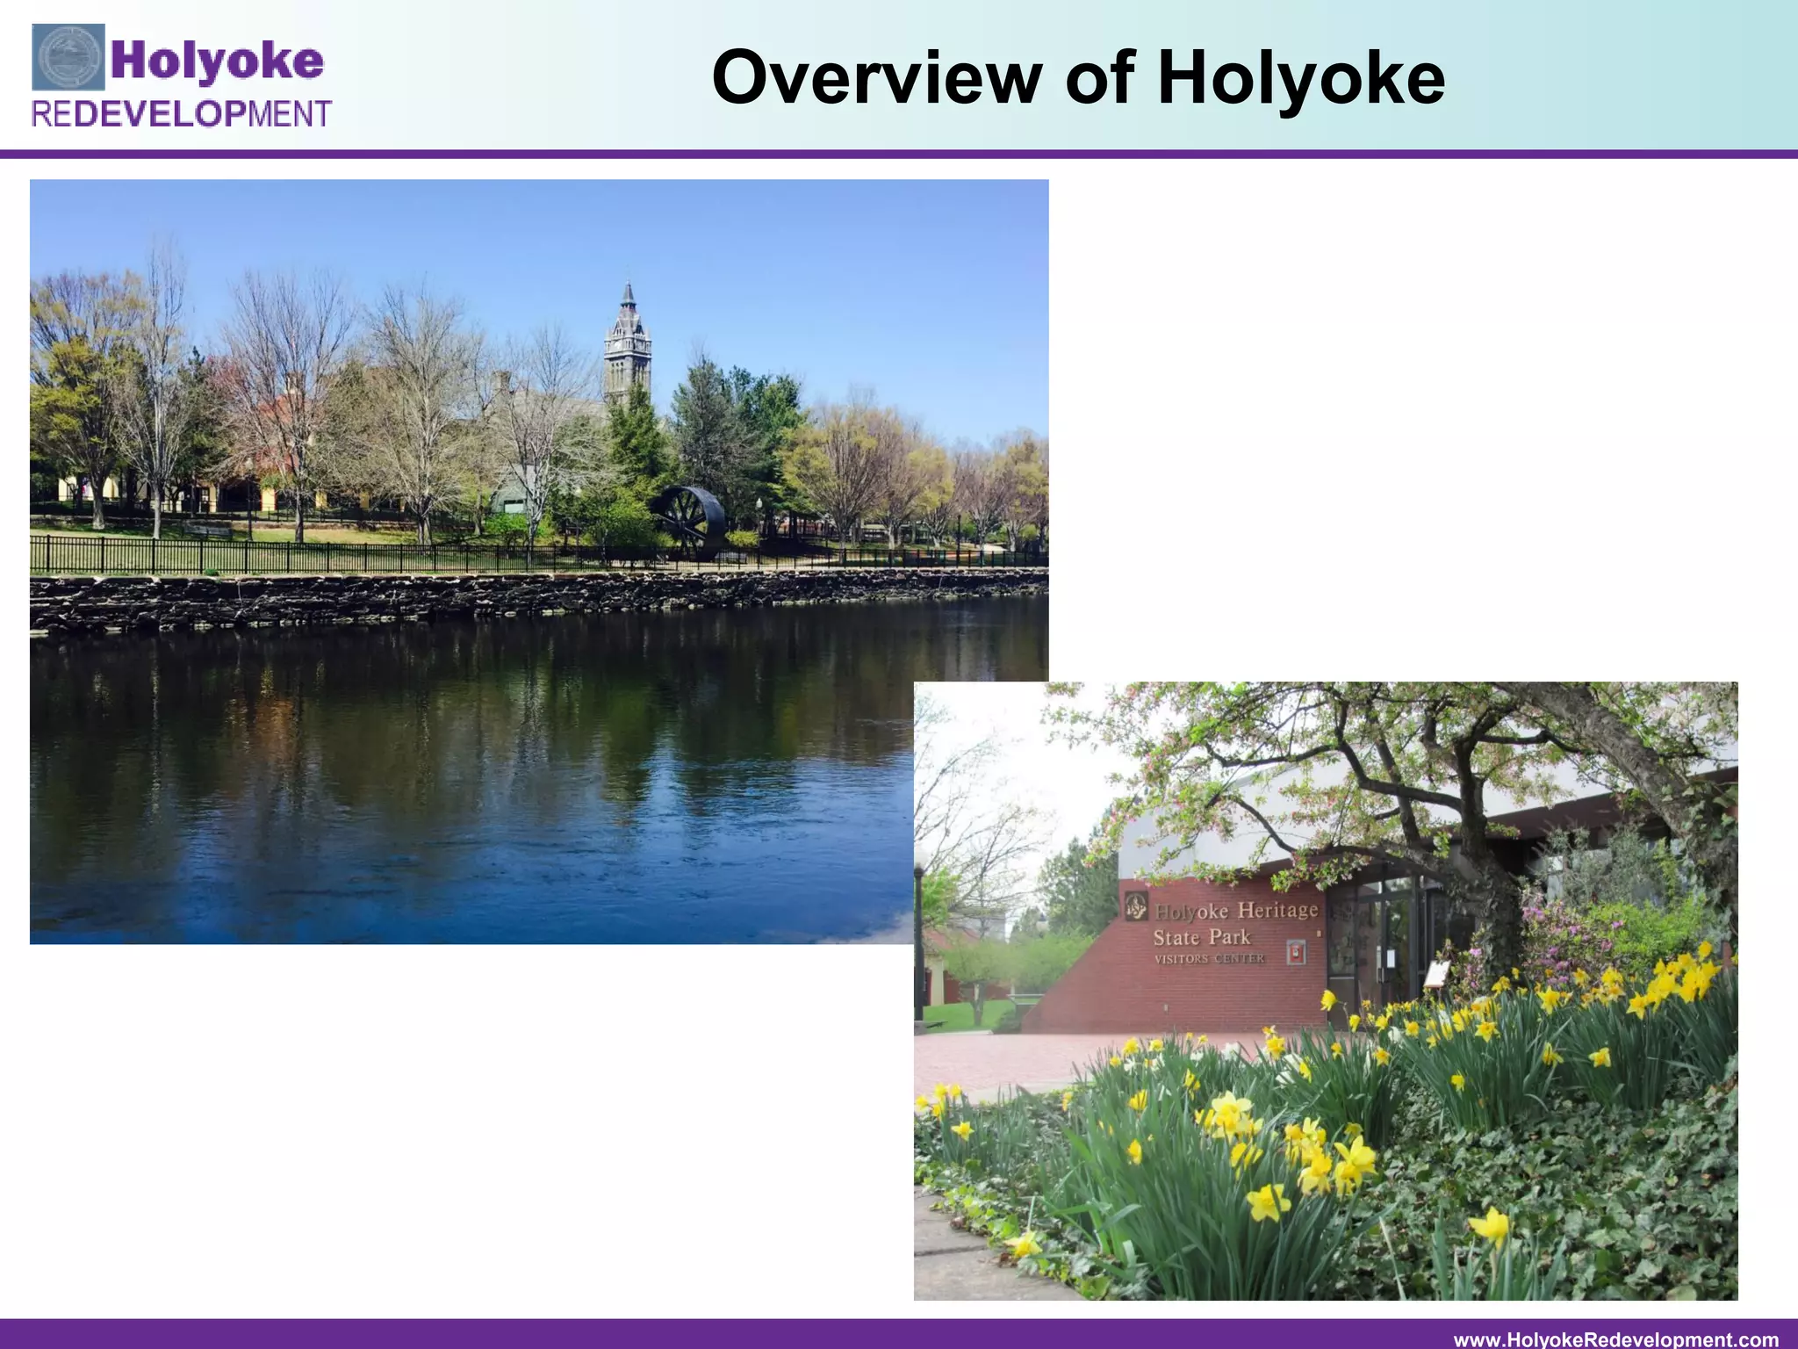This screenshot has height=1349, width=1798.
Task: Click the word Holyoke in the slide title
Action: (1300, 78)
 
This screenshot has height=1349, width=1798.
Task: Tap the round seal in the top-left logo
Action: (68, 58)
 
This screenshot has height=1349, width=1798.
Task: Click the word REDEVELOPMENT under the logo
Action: (182, 114)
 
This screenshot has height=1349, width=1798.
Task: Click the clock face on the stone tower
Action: (626, 362)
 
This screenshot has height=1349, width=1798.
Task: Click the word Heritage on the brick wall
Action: (1277, 910)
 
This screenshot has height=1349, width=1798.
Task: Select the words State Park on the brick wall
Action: (1201, 936)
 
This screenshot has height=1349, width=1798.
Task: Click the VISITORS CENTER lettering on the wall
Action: (1209, 958)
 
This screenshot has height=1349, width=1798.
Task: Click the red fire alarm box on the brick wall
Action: (1294, 952)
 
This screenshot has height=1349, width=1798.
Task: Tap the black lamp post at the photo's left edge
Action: (919, 940)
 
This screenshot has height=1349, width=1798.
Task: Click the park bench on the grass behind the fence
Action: (207, 530)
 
